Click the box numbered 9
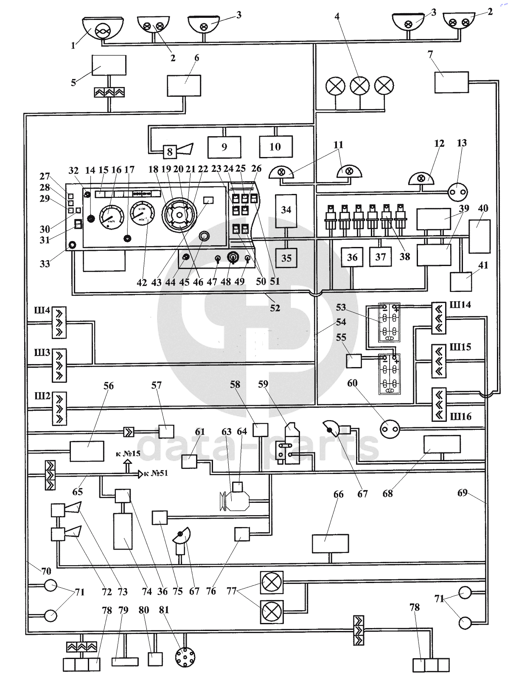tap(224, 147)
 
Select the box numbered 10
tap(276, 147)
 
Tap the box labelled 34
tap(286, 210)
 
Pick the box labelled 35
tap(286, 258)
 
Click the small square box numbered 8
tap(169, 151)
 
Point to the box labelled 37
tap(380, 257)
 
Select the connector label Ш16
tap(461, 416)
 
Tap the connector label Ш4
tap(42, 311)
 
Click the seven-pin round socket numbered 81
tap(185, 657)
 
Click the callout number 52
tap(275, 308)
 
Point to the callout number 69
tap(462, 492)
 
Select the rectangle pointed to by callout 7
tap(451, 82)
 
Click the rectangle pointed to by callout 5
tap(109, 65)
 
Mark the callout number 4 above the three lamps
tap(337, 17)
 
